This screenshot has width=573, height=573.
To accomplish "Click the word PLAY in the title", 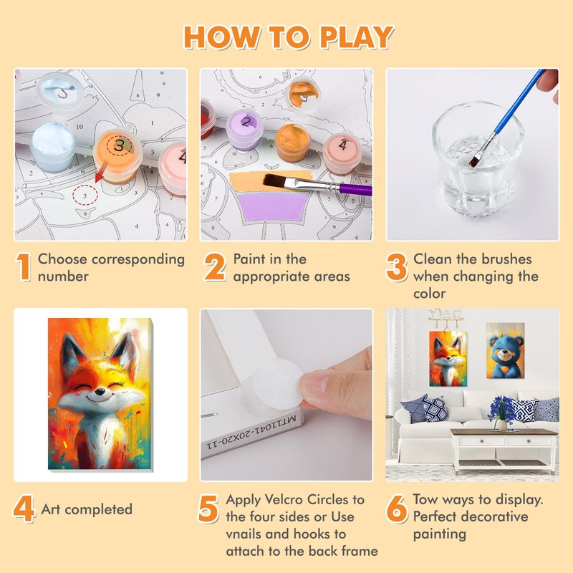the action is click(356, 37).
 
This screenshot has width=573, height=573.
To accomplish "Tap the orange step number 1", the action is click(24, 267).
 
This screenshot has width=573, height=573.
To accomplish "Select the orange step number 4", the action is click(24, 509).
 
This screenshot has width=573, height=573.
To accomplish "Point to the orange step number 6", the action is click(397, 509).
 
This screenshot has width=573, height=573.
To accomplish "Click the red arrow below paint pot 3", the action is click(100, 173).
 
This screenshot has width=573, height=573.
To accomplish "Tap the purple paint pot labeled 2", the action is click(244, 129).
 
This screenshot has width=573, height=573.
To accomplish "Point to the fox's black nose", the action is click(99, 392).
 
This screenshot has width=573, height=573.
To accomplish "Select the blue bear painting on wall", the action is click(506, 350).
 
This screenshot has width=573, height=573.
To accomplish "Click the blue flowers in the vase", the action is click(503, 408).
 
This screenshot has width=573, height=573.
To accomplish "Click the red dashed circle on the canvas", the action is click(85, 196).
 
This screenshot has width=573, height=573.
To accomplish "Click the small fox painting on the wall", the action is click(448, 359).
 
